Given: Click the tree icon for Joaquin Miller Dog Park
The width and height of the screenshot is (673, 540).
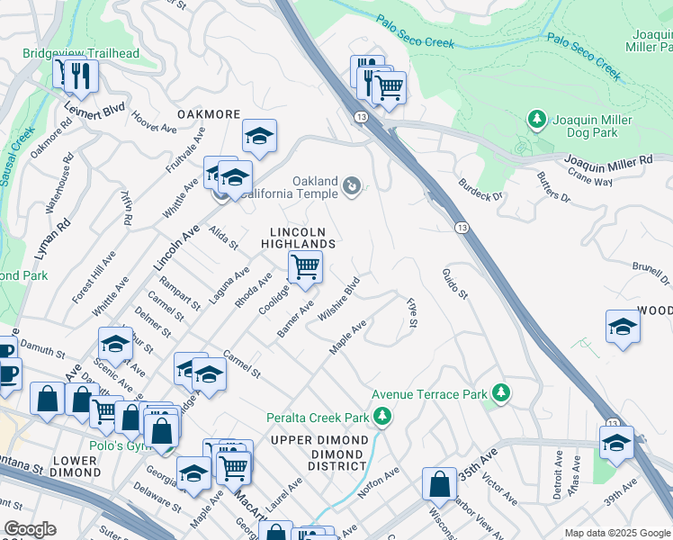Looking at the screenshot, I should pyautogui.click(x=537, y=120).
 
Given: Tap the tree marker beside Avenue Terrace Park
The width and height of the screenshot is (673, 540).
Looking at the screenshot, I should pyautogui.click(x=501, y=393).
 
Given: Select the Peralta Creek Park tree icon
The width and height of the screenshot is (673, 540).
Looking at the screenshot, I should pyautogui.click(x=382, y=417).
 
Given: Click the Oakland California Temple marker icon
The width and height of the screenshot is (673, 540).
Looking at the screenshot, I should pyautogui.click(x=352, y=186).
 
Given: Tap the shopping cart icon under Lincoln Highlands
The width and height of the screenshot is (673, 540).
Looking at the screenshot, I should pyautogui.click(x=305, y=267).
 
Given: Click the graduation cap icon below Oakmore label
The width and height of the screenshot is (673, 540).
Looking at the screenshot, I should pyautogui.click(x=259, y=136).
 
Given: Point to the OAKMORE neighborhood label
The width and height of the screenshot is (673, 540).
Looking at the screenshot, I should pyautogui.click(x=209, y=114).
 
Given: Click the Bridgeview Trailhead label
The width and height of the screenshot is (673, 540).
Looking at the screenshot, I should pyautogui.click(x=81, y=53).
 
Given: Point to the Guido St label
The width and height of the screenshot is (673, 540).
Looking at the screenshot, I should pyautogui.click(x=455, y=283).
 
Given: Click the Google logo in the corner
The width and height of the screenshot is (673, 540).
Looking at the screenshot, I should pyautogui.click(x=30, y=529).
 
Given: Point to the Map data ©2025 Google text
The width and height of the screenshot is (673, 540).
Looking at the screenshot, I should pyautogui.click(x=616, y=533).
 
